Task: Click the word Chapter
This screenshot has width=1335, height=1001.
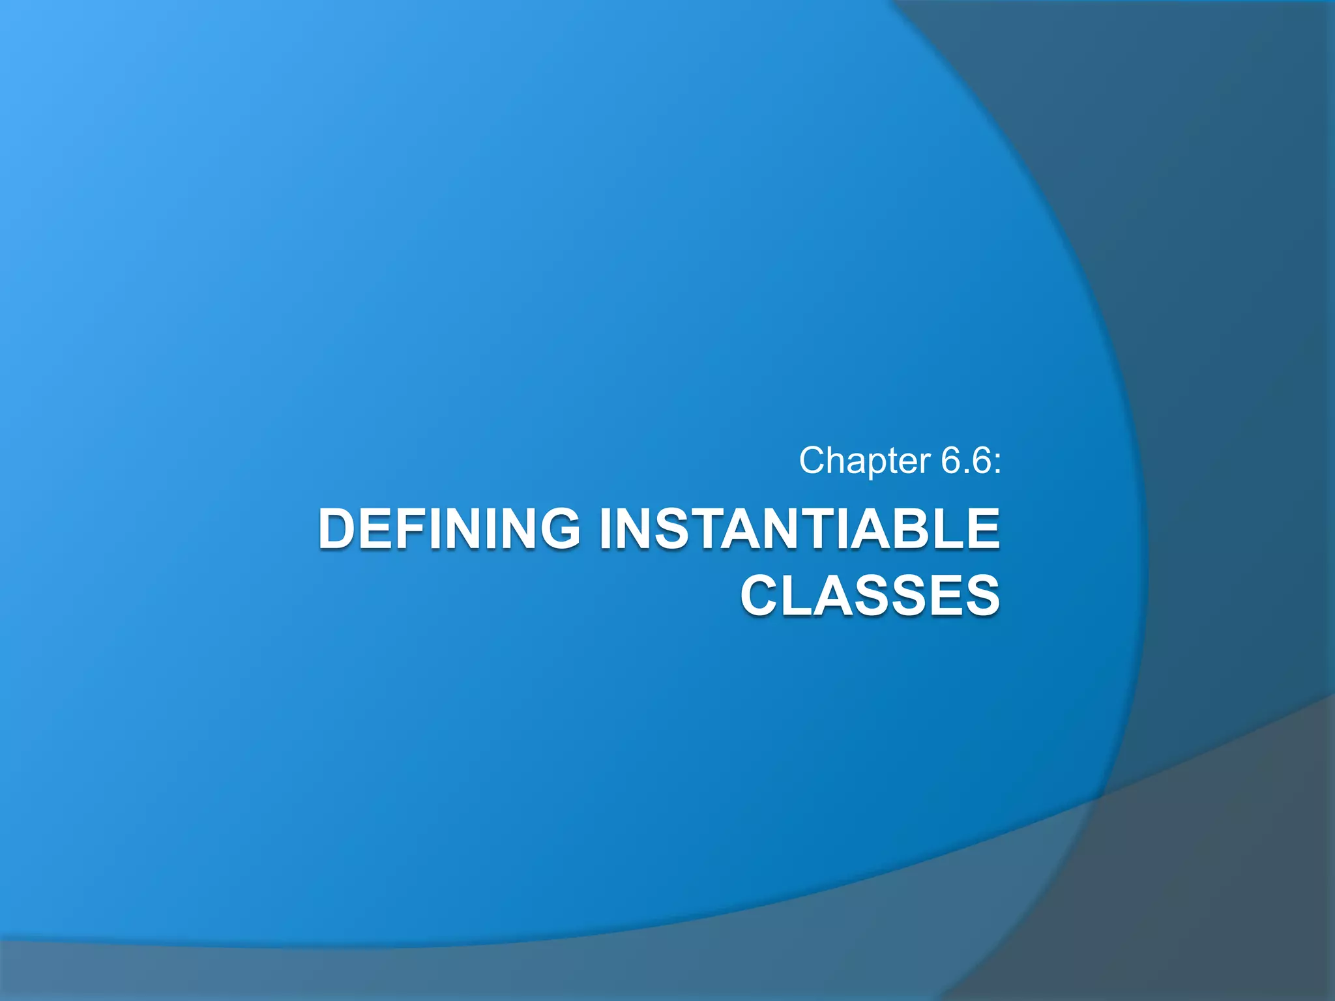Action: click(x=865, y=461)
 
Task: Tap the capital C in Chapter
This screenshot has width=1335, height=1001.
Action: click(x=814, y=461)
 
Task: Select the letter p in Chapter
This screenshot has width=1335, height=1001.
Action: click(x=868, y=464)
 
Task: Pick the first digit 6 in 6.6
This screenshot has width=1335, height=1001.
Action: click(x=951, y=461)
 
